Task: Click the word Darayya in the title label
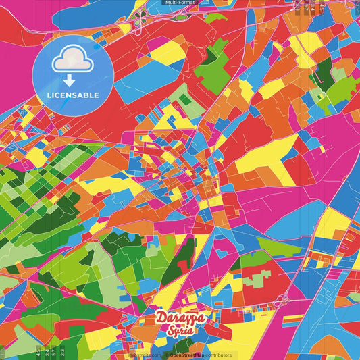coord(180,317)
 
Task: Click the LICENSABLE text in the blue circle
coord(73,95)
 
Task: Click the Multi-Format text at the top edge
coord(180,3)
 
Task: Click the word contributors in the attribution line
coord(215,355)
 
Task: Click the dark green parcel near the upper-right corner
coord(323,70)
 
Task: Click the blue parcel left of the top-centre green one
coord(165,71)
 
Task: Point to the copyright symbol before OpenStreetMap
coord(167,355)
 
